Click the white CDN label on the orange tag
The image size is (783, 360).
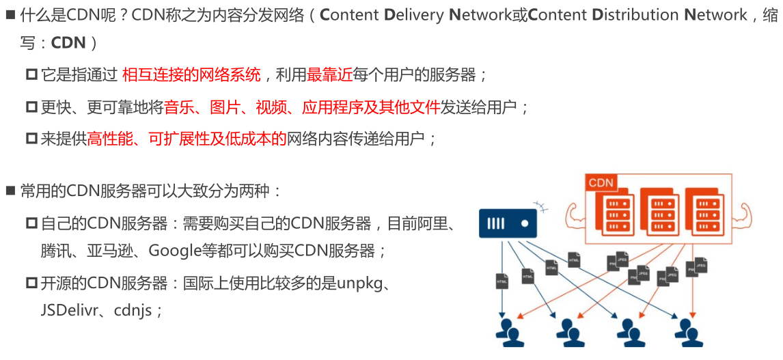click(601, 182)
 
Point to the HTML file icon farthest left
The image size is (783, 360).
click(502, 280)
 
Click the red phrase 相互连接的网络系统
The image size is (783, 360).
click(191, 76)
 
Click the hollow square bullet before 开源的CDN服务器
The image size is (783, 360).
click(32, 282)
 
